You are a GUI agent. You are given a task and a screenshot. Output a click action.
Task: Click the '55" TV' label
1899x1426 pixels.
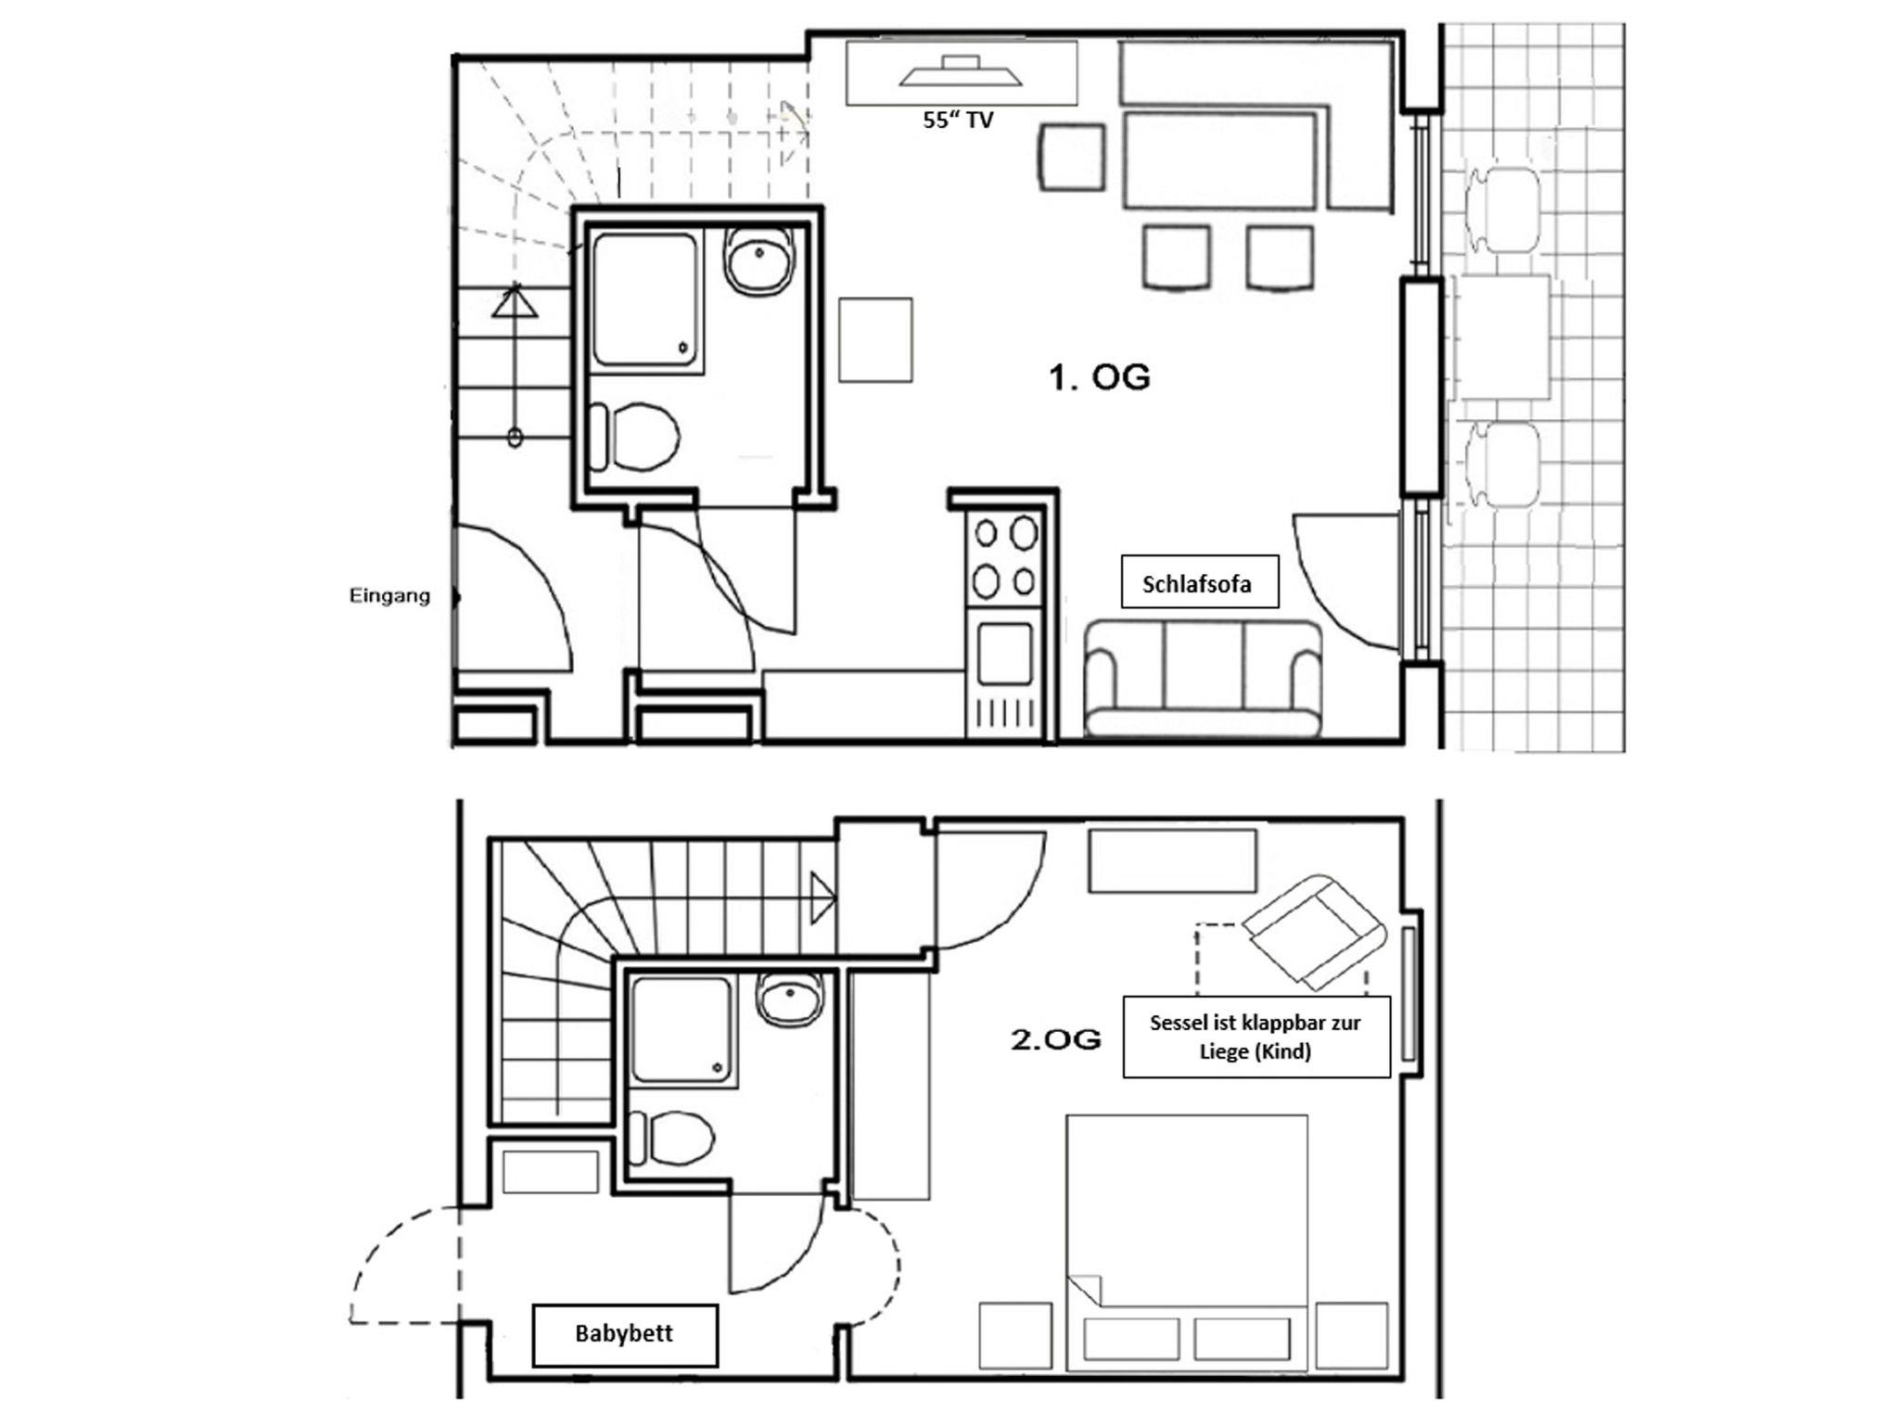[x=958, y=120]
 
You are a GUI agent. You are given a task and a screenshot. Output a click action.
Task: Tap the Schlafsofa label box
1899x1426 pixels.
[x=1200, y=582]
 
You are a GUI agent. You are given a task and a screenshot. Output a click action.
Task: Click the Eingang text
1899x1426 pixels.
[x=389, y=596]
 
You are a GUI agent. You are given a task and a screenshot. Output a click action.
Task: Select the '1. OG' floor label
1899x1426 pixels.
[x=1099, y=377]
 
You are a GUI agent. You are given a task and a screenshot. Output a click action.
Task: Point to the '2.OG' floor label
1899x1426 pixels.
[x=1056, y=1039]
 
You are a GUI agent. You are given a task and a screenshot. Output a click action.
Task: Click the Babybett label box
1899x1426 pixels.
[x=625, y=1335]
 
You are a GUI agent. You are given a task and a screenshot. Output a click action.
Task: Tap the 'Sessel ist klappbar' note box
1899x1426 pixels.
[x=1256, y=1037]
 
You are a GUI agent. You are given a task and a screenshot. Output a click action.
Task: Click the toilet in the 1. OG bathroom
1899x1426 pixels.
[x=635, y=436]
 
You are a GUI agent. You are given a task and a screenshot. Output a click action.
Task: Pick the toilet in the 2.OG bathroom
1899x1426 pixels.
[x=671, y=1139]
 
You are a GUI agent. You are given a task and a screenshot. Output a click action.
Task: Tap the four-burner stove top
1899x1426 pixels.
[x=1005, y=556]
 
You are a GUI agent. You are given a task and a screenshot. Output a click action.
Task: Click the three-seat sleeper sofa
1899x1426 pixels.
[x=1204, y=679]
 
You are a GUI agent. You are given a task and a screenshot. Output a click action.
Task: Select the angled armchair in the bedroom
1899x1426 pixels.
[x=1314, y=930]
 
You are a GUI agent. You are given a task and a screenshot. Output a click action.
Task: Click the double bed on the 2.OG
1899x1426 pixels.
[x=1187, y=1242]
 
